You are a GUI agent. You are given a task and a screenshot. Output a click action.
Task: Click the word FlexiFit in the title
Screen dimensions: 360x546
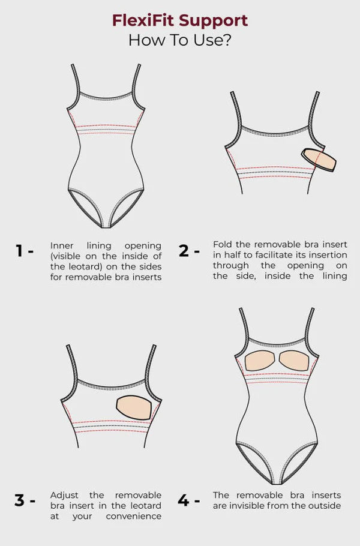click(x=143, y=20)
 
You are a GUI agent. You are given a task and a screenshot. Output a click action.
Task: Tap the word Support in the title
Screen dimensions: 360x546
click(x=214, y=22)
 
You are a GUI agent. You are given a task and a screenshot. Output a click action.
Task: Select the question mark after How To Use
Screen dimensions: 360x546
click(x=227, y=40)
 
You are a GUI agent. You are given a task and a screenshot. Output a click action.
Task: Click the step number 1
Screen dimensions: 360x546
click(x=19, y=251)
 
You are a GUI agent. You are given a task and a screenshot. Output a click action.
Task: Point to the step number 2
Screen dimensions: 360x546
click(x=184, y=251)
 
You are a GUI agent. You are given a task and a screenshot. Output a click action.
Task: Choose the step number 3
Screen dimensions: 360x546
click(x=19, y=500)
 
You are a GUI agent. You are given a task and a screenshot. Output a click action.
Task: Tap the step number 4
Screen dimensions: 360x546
click(x=184, y=500)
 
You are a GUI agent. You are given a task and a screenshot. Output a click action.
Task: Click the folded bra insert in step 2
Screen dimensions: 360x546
click(x=319, y=160)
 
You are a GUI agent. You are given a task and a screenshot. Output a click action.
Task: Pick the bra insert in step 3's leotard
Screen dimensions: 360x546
click(x=134, y=407)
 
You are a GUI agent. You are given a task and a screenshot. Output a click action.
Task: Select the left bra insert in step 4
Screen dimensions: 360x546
click(x=260, y=361)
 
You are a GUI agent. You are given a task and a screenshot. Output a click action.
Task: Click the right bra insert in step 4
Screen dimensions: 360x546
click(x=295, y=361)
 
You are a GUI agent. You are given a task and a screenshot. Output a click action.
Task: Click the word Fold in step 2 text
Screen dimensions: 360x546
click(x=223, y=244)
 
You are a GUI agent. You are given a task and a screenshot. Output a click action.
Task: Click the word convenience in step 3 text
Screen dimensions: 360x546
click(x=134, y=517)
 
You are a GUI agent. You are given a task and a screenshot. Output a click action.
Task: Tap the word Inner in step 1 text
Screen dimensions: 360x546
click(x=62, y=246)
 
